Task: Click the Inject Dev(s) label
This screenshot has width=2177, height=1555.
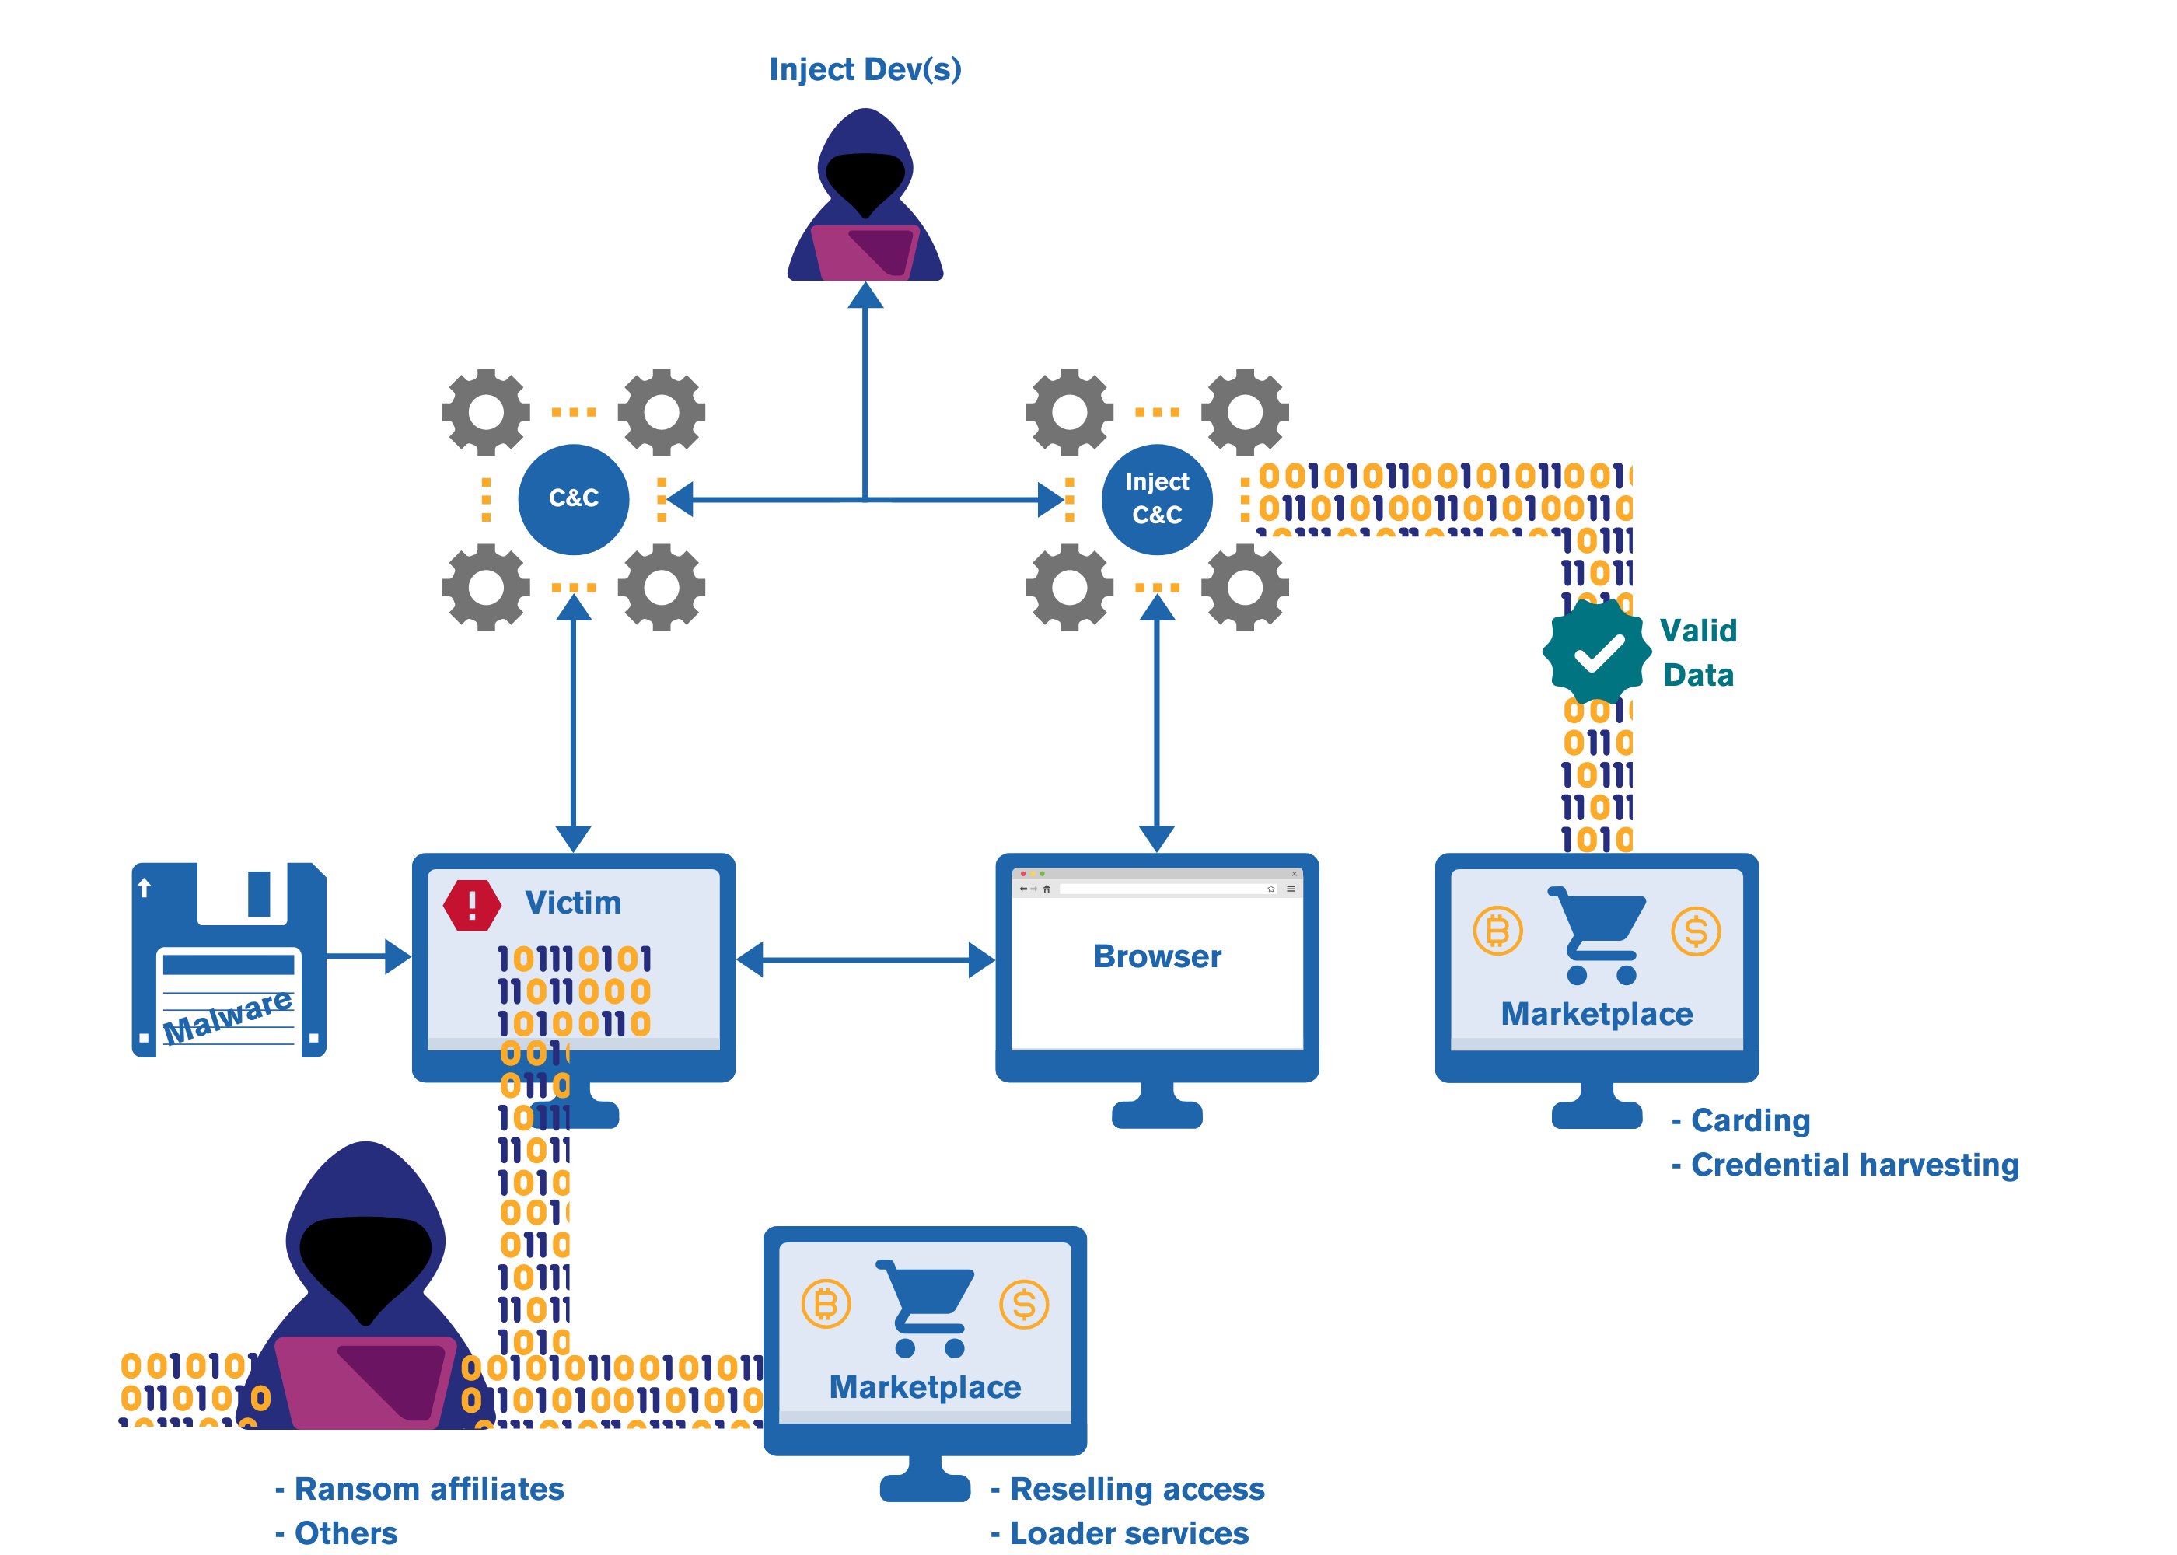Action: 865,69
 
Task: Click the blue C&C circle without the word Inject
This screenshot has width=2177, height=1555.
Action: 574,499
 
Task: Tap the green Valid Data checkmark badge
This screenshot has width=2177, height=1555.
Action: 1596,652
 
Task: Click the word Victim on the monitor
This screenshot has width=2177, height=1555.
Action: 572,903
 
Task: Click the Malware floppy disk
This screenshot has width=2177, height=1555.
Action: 229,959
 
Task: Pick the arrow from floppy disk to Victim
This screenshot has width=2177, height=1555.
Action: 369,956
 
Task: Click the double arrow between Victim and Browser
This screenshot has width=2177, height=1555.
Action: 865,959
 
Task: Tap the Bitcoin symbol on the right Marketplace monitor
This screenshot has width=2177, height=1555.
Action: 1497,931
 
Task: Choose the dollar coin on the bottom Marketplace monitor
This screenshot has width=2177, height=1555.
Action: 1023,1304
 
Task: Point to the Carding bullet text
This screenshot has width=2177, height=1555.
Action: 1749,1120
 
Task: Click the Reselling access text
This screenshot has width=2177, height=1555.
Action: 1137,1489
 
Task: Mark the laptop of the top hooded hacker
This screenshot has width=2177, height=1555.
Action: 865,253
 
